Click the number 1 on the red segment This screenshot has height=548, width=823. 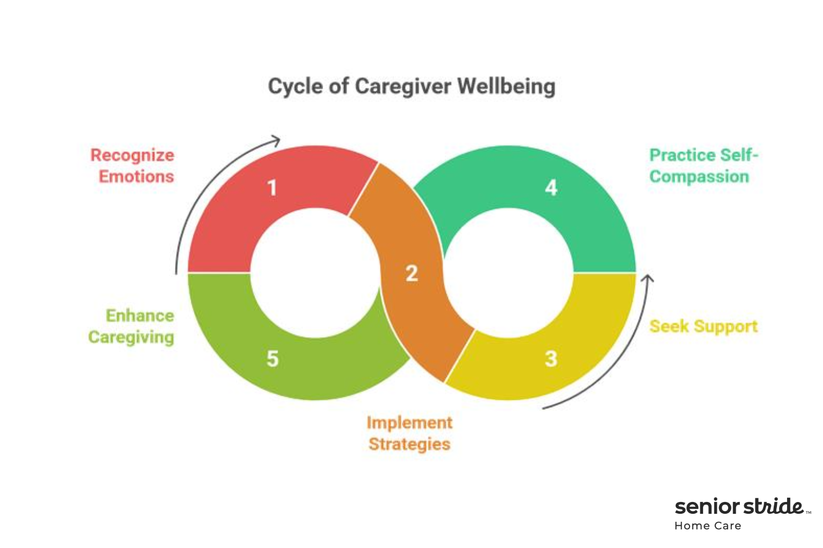click(x=272, y=188)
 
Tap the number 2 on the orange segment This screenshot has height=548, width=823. click(x=411, y=273)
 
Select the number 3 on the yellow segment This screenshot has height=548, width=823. click(x=551, y=359)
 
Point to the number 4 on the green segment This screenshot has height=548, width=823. click(x=551, y=188)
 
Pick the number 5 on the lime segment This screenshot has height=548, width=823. click(x=272, y=359)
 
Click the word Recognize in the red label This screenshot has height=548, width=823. click(x=132, y=155)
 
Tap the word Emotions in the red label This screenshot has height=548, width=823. click(x=137, y=177)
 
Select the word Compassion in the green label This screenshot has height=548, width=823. click(x=699, y=177)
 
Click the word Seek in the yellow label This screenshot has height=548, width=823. click(x=669, y=326)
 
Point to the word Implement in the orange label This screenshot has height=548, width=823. click(x=409, y=423)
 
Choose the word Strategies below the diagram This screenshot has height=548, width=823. click(x=409, y=444)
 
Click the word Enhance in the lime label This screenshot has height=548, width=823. click(x=140, y=316)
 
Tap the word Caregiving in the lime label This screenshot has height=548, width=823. click(x=131, y=337)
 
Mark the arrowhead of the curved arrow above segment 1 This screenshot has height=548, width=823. click(x=276, y=141)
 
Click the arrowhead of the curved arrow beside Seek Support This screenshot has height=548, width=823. click(x=648, y=278)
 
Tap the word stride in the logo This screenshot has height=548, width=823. click(x=774, y=506)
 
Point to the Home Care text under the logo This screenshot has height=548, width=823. click(x=708, y=526)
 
